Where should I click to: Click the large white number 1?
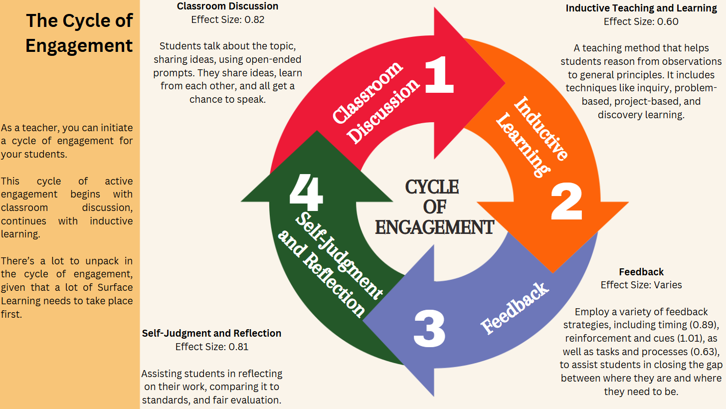tap(439, 75)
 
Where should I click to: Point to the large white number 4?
tap(306, 192)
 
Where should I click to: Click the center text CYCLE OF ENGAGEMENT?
tap(434, 207)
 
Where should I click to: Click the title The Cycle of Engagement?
tap(79, 33)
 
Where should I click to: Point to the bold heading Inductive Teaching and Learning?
tap(641, 8)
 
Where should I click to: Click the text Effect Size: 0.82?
tap(228, 20)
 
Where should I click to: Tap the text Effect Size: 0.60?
tap(641, 21)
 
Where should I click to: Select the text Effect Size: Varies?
tap(641, 285)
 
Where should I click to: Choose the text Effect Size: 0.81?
tap(212, 347)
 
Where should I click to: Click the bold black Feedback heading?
tap(641, 272)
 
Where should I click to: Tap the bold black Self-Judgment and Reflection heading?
tap(212, 333)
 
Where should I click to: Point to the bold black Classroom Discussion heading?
tap(228, 6)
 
